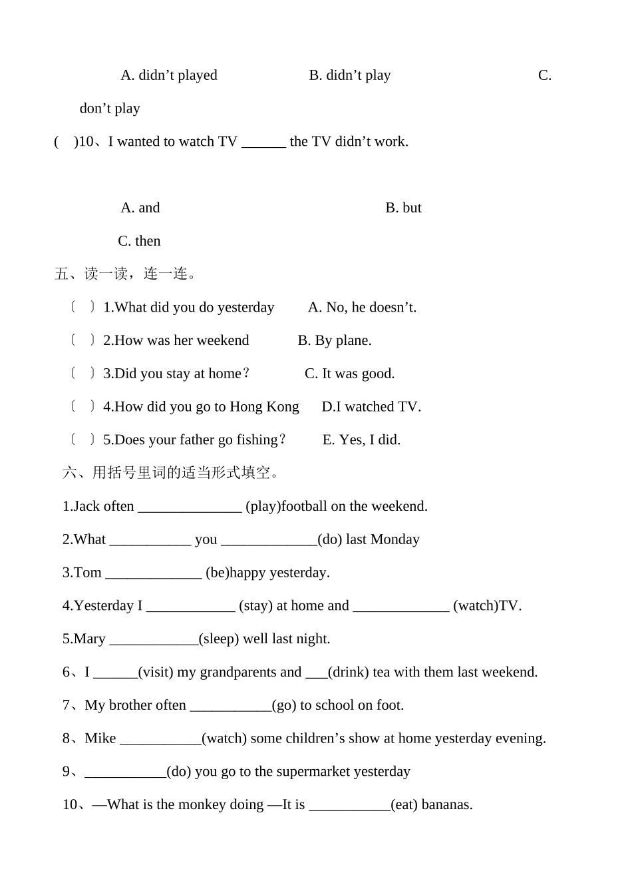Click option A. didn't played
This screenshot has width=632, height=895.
point(169,75)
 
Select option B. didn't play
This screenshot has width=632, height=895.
point(350,75)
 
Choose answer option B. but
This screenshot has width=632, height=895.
point(403,208)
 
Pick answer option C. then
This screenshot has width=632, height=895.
point(139,241)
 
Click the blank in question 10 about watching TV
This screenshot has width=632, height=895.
point(263,143)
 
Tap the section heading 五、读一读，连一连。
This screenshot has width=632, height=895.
point(126,274)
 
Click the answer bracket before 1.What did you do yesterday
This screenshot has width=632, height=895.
point(82,307)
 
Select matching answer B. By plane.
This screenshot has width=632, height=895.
point(335,340)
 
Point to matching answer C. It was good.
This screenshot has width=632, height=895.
point(350,374)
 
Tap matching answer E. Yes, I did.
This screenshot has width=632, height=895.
point(361,440)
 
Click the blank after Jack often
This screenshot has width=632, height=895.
point(190,507)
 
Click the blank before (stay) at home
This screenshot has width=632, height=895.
point(191,607)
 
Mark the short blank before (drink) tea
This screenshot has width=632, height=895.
point(317,673)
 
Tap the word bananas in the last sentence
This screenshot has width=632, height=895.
point(447,805)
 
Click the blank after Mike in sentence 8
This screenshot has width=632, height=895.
point(160,739)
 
